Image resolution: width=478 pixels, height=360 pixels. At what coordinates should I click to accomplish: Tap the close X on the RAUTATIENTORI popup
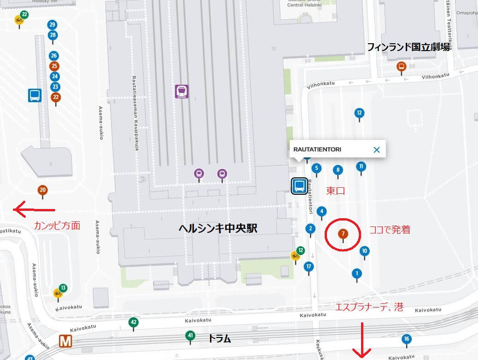coord(377,150)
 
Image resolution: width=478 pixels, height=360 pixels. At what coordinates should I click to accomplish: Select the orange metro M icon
coord(68,341)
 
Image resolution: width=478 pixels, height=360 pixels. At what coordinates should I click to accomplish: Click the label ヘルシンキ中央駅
coord(218,228)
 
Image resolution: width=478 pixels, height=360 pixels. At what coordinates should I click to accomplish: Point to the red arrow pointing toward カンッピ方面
coord(34,210)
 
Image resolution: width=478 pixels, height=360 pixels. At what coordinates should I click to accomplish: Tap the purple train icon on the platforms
coord(182,91)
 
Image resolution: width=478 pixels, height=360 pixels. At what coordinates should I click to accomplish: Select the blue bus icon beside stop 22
coord(35,95)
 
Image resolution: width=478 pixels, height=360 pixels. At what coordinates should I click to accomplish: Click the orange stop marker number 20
coord(42,190)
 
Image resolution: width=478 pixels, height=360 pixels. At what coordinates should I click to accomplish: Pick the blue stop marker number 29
coord(52,25)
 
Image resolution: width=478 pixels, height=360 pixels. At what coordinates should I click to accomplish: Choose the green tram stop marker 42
coord(134,322)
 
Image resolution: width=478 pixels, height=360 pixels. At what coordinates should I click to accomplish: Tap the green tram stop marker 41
coord(190,336)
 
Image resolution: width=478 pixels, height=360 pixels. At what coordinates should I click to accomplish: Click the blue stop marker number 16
coord(406,339)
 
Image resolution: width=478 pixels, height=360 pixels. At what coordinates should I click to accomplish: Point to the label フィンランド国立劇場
coord(408,46)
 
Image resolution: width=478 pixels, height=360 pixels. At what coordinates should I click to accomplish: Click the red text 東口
coord(336,191)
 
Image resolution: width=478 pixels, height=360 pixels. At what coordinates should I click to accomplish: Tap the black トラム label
coord(219,339)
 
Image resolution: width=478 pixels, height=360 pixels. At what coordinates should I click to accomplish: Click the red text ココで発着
coord(390,230)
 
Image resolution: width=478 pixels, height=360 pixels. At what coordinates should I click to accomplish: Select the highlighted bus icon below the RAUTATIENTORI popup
coord(299,186)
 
